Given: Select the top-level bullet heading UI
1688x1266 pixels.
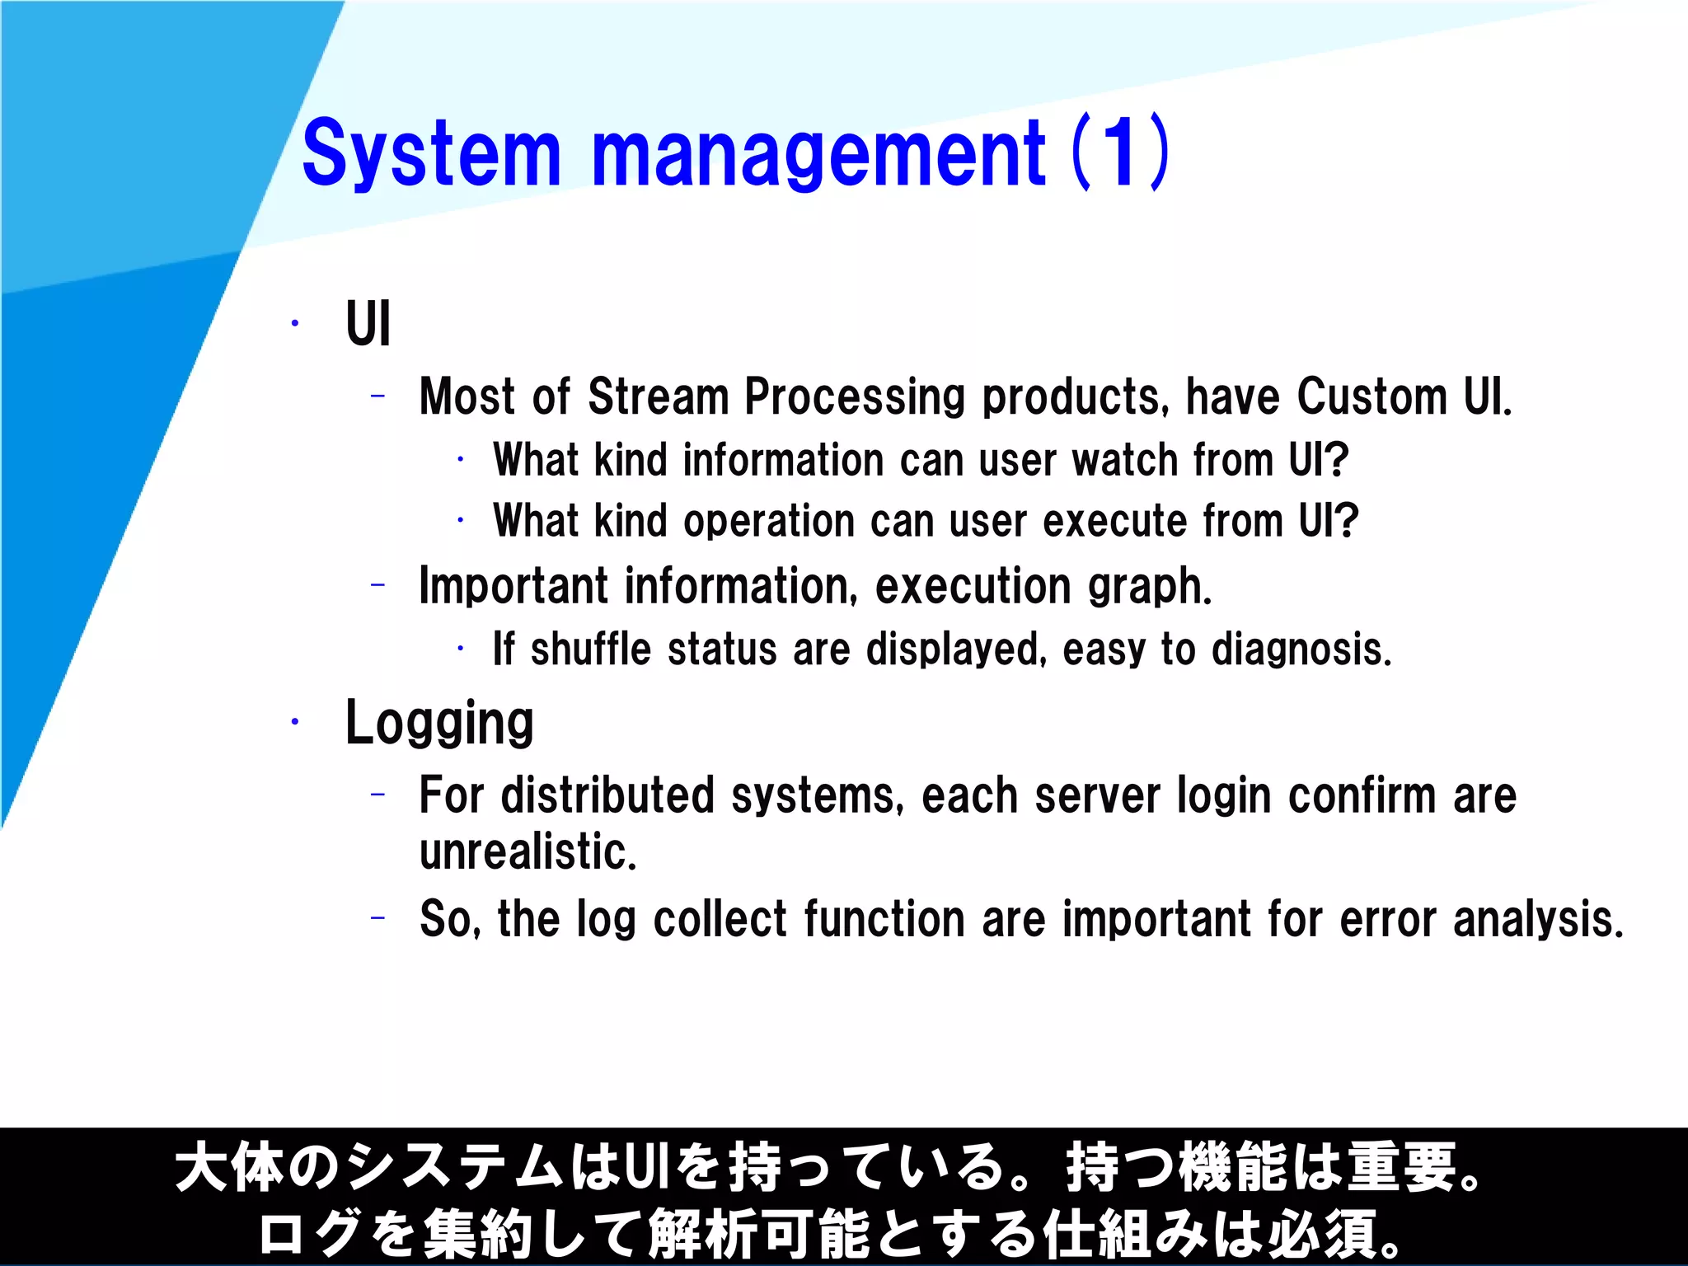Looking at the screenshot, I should point(368,324).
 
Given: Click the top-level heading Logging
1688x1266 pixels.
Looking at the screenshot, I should point(439,723).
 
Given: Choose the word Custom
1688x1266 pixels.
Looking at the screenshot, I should point(1371,397).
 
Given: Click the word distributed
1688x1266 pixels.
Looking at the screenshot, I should point(607,796).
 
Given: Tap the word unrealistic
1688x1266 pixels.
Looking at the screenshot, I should point(527,852).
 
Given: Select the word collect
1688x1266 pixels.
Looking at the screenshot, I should point(720,919).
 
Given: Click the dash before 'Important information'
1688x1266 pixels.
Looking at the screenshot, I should point(378,585).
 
